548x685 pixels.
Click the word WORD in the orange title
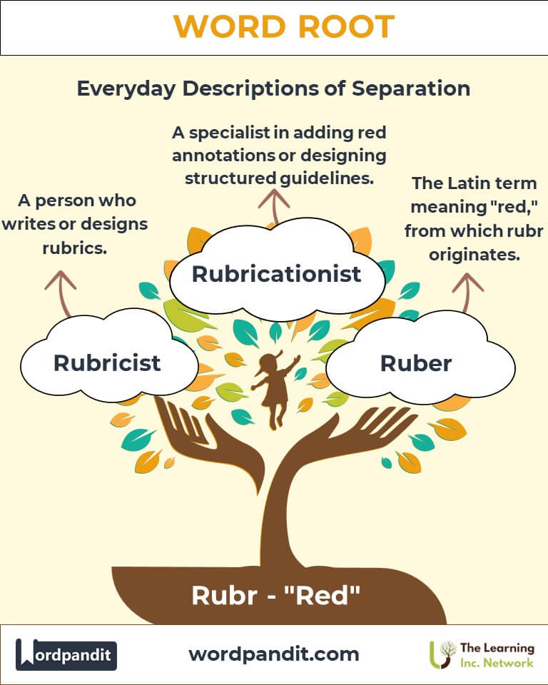(230, 26)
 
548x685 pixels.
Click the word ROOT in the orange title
(347, 26)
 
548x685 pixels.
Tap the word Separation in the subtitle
(411, 88)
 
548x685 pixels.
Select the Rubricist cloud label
(107, 363)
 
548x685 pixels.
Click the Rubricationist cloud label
(277, 274)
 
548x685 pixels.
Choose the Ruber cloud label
(416, 363)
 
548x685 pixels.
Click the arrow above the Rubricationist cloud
(274, 208)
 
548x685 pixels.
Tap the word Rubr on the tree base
(225, 595)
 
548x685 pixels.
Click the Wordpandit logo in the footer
(66, 654)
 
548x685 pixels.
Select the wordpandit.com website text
(274, 654)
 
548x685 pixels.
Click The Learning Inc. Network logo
(482, 655)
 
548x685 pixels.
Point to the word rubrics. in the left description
(75, 248)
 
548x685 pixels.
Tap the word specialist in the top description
(229, 133)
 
